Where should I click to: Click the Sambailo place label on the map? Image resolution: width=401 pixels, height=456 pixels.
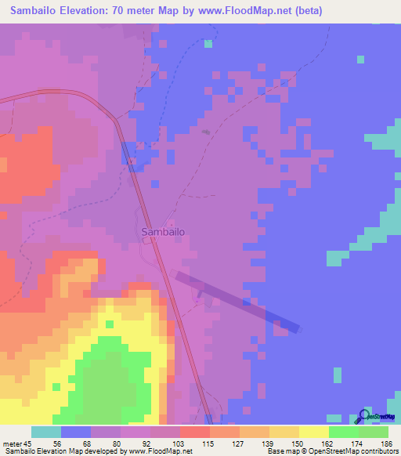163,232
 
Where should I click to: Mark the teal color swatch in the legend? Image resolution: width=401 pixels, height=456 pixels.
46,432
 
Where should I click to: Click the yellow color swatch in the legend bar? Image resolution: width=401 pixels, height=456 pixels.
314,432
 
